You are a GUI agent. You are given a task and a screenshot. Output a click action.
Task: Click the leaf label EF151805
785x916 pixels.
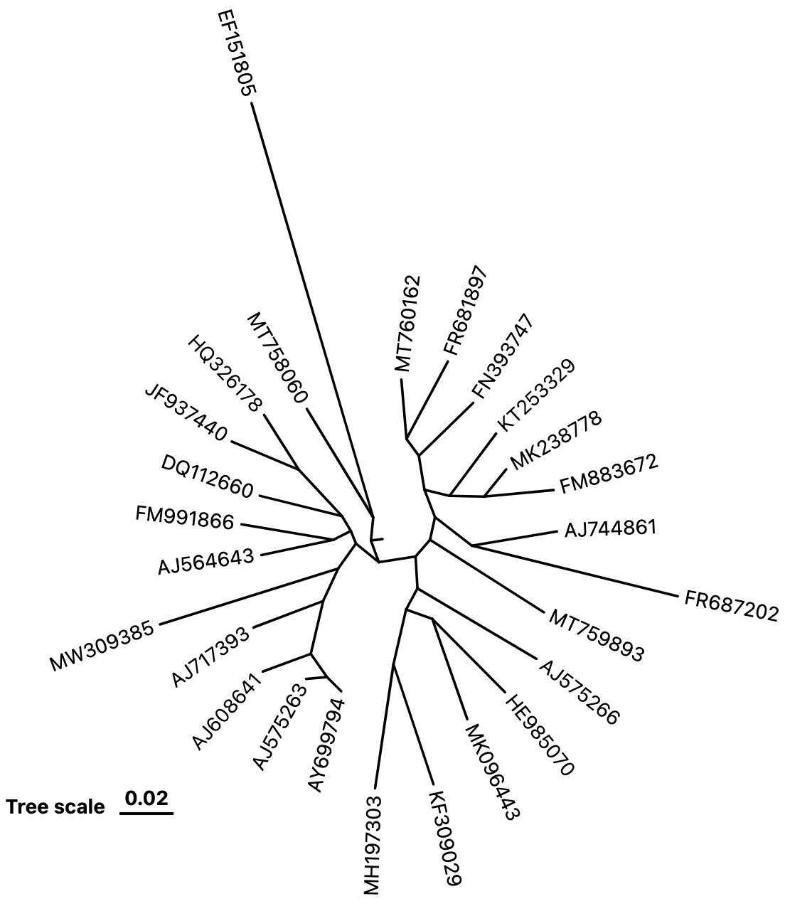tap(237, 53)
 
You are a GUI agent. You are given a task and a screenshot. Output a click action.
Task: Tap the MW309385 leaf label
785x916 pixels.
tap(102, 646)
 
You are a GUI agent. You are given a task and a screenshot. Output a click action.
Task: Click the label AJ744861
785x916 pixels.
tap(610, 528)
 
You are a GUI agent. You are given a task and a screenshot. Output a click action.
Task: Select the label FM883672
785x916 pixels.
tap(609, 474)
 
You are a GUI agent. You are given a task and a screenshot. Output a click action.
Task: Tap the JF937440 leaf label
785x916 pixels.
tap(186, 413)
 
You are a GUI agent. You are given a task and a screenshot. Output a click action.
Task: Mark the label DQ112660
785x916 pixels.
tap(208, 476)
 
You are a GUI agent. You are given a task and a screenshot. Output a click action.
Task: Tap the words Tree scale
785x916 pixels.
tap(55, 807)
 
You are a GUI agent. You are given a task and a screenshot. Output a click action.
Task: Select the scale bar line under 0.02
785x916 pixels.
tap(146, 814)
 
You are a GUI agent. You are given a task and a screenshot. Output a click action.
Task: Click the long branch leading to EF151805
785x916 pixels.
tap(313, 310)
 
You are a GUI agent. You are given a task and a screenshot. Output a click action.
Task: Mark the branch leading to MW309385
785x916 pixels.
tap(249, 596)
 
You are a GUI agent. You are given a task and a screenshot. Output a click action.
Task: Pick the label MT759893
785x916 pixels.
tap(597, 635)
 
